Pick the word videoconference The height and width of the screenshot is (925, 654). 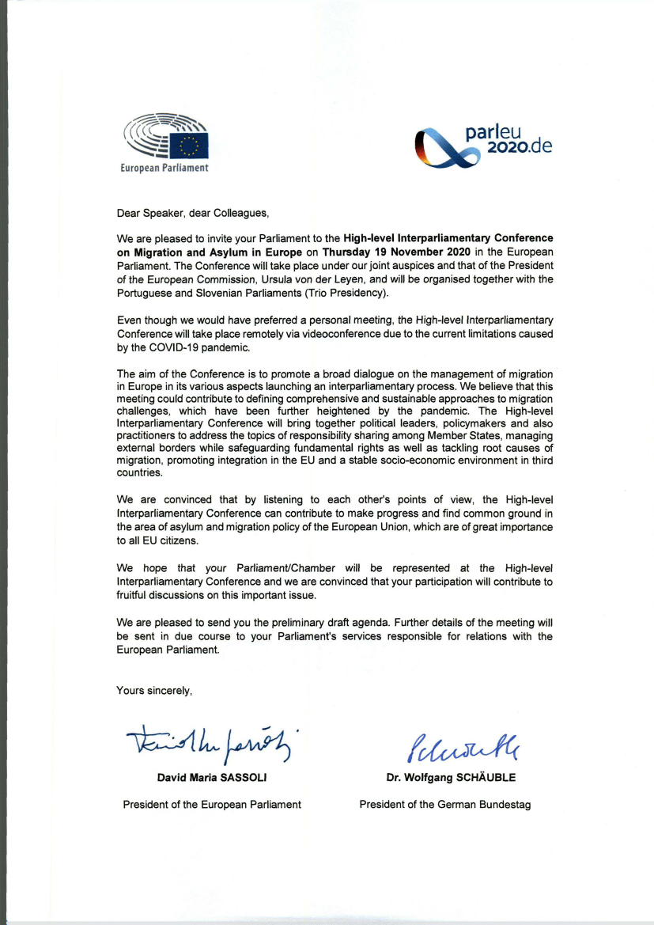point(346,335)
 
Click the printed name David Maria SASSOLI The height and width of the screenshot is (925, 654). point(210,777)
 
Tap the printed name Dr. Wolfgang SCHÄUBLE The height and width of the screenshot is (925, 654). point(451,777)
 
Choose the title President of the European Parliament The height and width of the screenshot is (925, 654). point(212,805)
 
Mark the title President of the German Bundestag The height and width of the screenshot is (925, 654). point(445,805)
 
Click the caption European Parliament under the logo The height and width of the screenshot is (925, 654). point(164,168)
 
